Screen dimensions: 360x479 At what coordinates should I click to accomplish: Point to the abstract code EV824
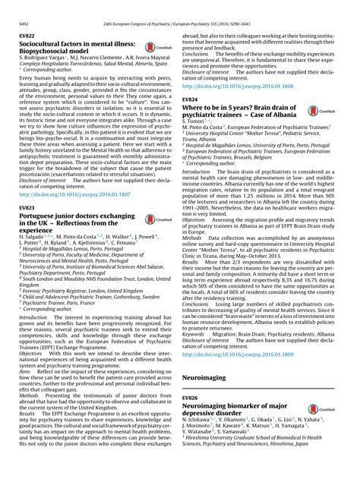coord(191,101)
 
